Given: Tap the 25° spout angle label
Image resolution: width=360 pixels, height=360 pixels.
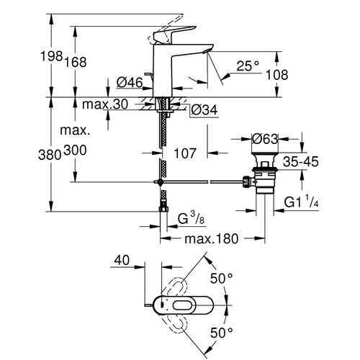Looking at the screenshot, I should [x=246, y=66].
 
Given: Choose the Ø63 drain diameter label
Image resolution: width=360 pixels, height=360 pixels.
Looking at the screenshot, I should [x=266, y=138].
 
